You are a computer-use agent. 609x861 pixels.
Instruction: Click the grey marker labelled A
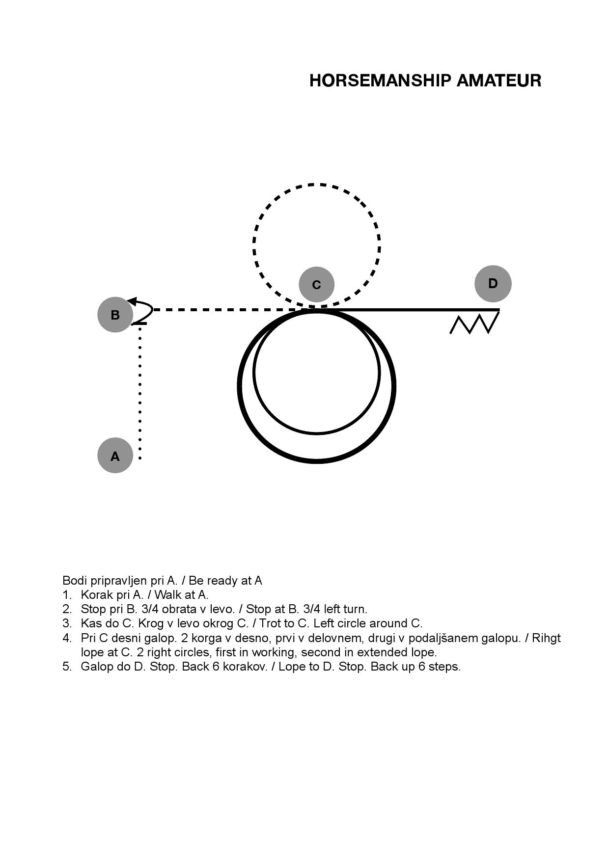[x=115, y=456]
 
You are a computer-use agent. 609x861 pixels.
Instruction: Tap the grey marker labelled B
[x=115, y=315]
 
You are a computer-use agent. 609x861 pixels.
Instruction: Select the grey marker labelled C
[x=316, y=284]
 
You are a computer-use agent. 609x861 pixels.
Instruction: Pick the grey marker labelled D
[x=493, y=283]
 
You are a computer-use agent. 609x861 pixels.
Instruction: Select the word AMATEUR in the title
[x=499, y=81]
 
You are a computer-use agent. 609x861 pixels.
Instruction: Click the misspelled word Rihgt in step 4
[x=546, y=638]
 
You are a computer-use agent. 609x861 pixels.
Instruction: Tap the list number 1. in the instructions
[x=67, y=595]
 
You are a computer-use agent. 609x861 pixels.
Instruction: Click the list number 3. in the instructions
[x=67, y=623]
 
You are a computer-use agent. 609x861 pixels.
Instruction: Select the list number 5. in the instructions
[x=67, y=667]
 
